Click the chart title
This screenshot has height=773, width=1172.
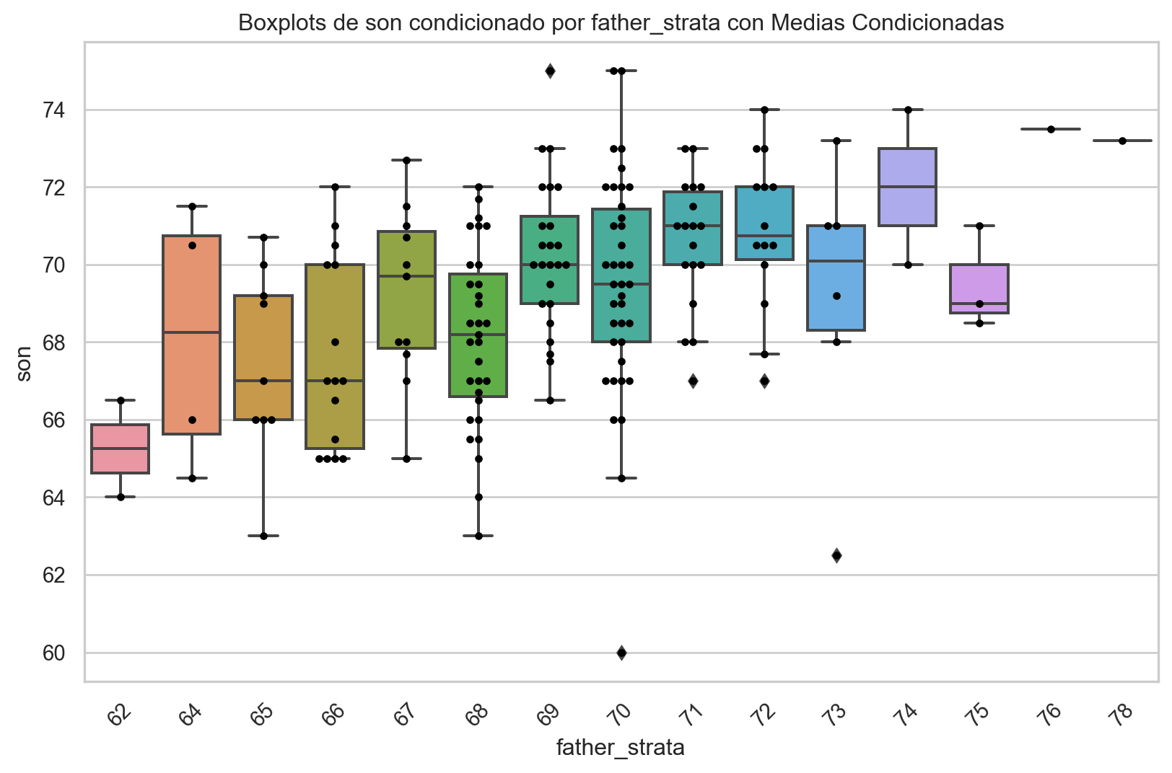(621, 23)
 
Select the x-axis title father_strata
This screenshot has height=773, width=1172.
(620, 748)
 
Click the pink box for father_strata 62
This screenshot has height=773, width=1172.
(120, 449)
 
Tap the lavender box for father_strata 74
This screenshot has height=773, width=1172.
(907, 187)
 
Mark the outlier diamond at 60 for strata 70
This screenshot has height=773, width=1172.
(621, 653)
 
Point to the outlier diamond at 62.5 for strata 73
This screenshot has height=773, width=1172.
(836, 555)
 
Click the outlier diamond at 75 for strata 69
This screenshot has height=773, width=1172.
(550, 71)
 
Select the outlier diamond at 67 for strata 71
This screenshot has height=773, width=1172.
(693, 381)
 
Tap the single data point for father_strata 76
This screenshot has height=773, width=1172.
(1051, 129)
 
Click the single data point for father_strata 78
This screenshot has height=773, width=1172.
(1122, 141)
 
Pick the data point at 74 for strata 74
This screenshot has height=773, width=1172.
(908, 110)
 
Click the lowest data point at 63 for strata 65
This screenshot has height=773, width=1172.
(263, 536)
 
